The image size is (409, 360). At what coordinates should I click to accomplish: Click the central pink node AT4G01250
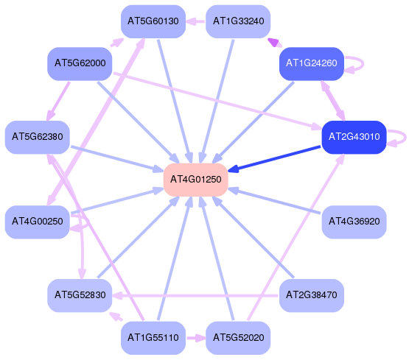[x=195, y=180]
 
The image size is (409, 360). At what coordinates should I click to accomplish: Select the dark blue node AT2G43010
[x=354, y=137]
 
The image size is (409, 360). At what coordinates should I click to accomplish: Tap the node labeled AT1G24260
[x=312, y=63]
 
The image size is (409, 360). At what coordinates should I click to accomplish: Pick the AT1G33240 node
[x=238, y=21]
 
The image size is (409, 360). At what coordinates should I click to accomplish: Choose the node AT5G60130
[x=153, y=21]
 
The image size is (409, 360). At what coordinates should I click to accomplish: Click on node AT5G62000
[x=80, y=63]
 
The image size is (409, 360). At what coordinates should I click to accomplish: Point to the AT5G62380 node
[x=38, y=137]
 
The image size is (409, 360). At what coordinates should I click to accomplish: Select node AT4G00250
[x=38, y=222]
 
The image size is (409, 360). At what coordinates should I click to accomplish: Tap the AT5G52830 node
[x=80, y=295]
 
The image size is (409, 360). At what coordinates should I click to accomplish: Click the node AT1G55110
[x=153, y=338]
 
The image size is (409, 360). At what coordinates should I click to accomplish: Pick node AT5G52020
[x=238, y=338]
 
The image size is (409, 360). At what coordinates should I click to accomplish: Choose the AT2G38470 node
[x=312, y=295]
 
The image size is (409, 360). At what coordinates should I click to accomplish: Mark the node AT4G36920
[x=354, y=222]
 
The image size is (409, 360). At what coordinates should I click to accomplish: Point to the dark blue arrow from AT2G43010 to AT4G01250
[x=274, y=158]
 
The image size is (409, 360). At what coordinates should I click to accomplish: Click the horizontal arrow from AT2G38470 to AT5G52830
[x=195, y=296]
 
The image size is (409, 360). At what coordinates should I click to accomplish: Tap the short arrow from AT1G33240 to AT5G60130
[x=195, y=21]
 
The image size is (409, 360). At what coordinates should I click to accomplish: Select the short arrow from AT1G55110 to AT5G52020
[x=196, y=338]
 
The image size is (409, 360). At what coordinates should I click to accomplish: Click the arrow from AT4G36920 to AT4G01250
[x=274, y=200]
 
